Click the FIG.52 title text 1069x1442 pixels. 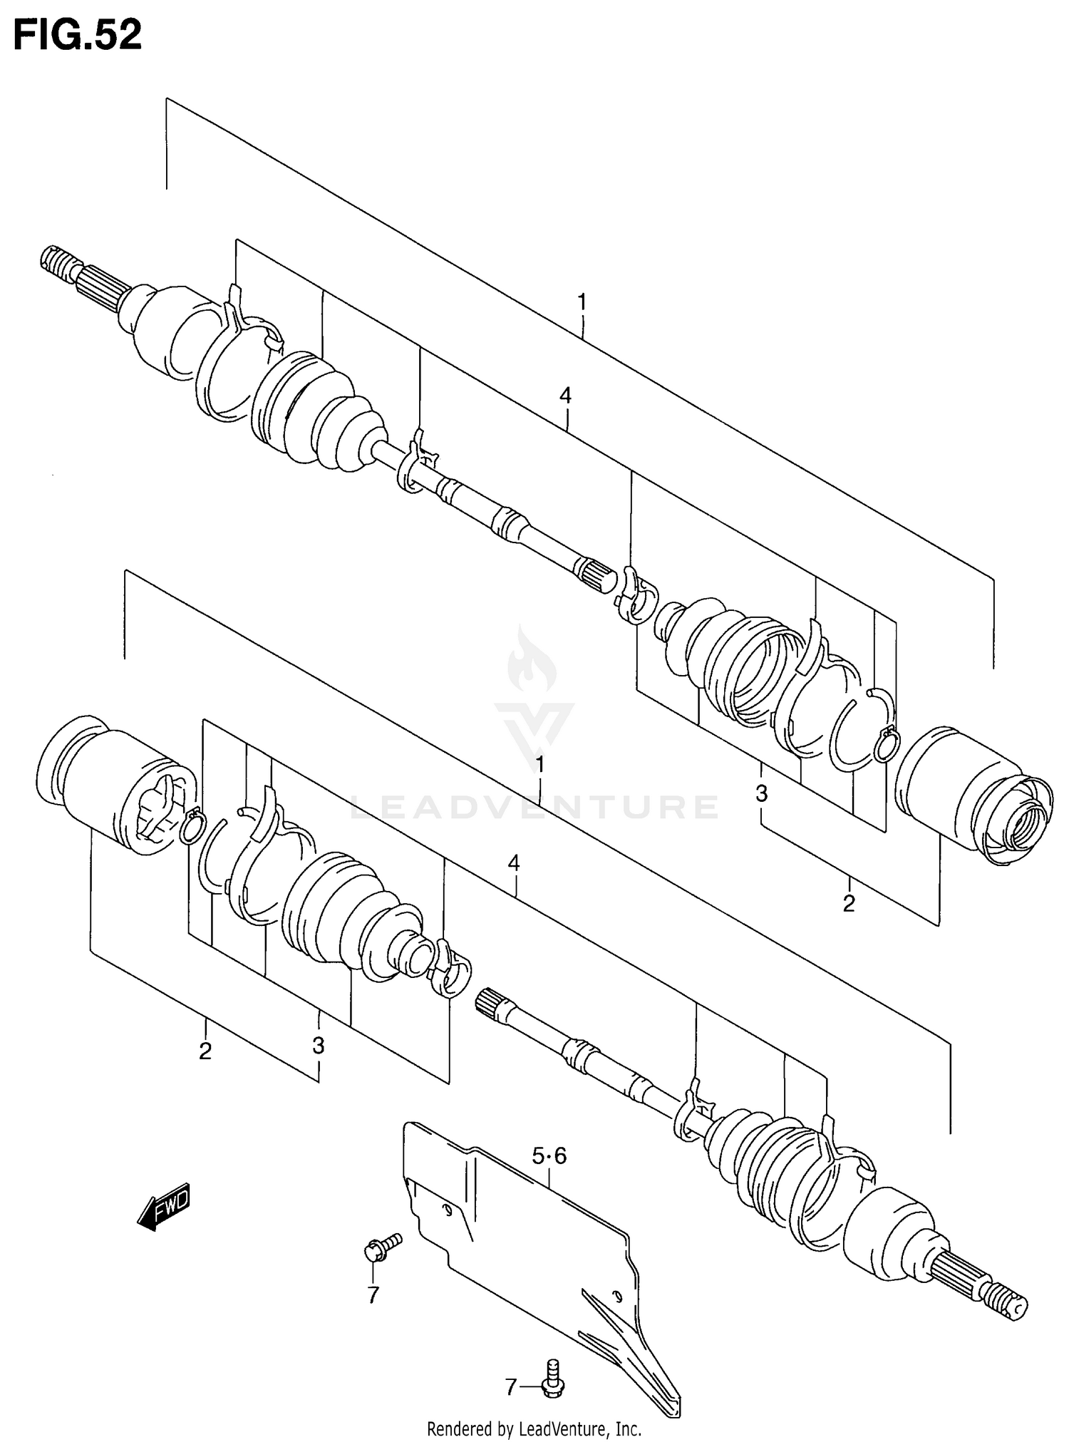click(x=78, y=35)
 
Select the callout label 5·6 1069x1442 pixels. click(x=549, y=1155)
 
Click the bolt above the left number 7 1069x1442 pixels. click(x=382, y=1247)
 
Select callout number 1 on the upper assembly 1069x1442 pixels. click(x=582, y=303)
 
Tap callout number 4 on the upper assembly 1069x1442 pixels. click(x=565, y=396)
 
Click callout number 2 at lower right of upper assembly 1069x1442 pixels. click(x=848, y=904)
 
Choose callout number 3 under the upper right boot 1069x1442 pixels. click(x=761, y=793)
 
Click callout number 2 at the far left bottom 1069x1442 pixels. click(x=205, y=1051)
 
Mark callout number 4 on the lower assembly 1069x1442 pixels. click(x=513, y=864)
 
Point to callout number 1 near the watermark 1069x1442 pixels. click(x=539, y=765)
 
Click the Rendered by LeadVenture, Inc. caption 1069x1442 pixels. click(x=534, y=1428)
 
